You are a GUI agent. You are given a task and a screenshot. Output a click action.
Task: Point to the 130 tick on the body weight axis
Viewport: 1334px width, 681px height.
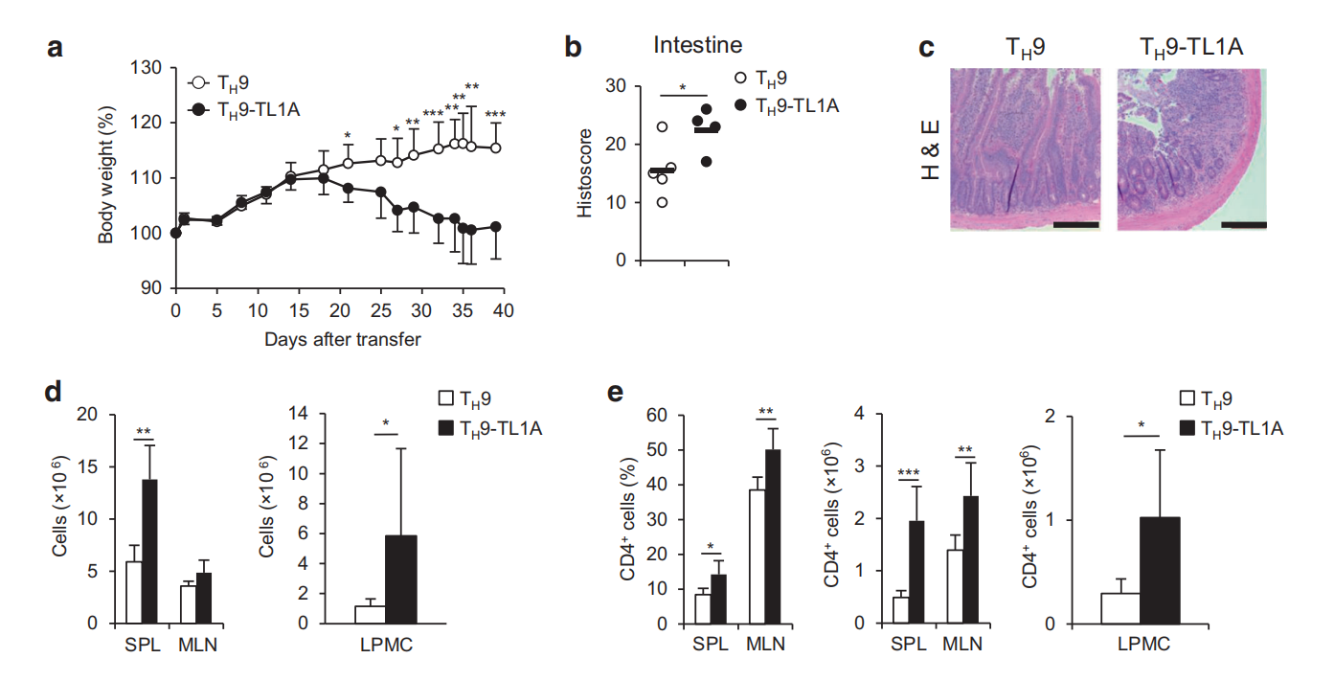click(151, 68)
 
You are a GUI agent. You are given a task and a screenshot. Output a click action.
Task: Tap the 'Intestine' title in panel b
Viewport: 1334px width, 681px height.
click(697, 44)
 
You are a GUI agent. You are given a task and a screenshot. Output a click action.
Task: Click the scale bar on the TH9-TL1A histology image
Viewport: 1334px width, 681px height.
click(1244, 224)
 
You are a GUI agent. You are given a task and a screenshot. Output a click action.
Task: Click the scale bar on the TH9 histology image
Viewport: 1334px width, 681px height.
click(1075, 224)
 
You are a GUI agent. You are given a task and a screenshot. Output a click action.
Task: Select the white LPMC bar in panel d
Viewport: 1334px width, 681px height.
click(370, 614)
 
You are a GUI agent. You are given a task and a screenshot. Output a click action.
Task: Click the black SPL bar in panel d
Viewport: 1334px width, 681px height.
click(149, 551)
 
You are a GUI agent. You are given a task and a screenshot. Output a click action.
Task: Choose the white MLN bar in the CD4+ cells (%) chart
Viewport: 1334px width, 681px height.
click(757, 556)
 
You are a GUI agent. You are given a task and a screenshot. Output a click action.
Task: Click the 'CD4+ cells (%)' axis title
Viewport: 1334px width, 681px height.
click(627, 518)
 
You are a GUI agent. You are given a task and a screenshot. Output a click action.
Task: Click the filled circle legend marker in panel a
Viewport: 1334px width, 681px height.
click(199, 110)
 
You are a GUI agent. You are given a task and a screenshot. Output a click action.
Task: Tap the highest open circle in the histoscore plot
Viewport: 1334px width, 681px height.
click(661, 125)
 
